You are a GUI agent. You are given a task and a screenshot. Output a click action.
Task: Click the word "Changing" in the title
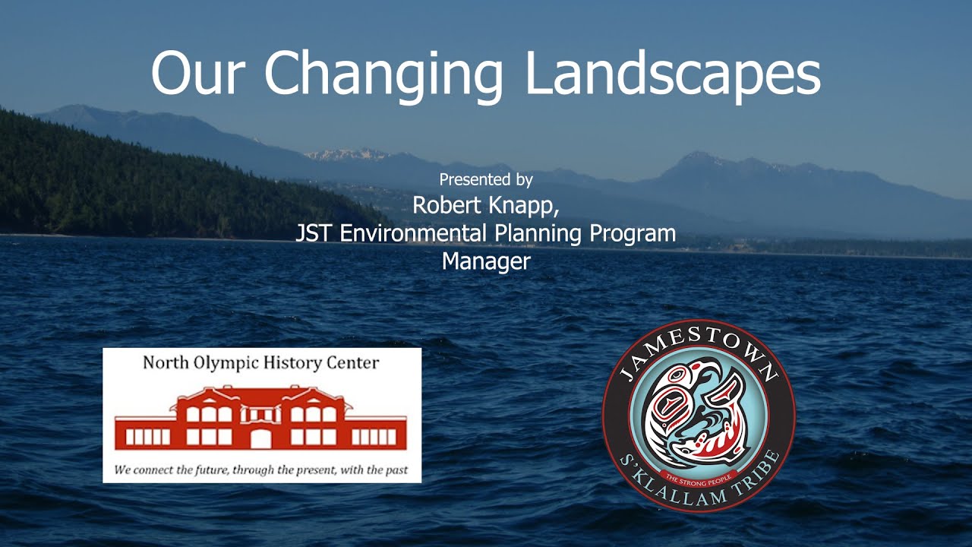pos(383,73)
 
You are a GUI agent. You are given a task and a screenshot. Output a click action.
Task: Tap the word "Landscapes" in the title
pos(673,73)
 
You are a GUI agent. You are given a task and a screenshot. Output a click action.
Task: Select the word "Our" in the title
pos(200,73)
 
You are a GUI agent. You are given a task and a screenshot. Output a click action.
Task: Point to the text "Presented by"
pos(486,180)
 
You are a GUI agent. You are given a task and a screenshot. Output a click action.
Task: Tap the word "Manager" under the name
pos(486,261)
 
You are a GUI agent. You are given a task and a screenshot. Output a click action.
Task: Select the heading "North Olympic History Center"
pos(260,362)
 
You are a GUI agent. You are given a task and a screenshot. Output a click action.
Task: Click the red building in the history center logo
pos(260,419)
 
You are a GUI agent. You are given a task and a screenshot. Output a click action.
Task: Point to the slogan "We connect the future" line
pos(260,470)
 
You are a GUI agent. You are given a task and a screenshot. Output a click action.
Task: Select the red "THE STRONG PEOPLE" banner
pos(699,477)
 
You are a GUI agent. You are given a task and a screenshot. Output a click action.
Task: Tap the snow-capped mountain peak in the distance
pos(346,154)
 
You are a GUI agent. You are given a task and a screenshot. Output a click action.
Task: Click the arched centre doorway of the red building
pos(260,439)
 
